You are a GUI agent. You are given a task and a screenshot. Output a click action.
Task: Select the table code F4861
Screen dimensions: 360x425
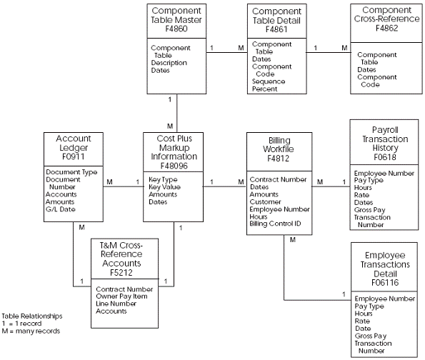pos(276,31)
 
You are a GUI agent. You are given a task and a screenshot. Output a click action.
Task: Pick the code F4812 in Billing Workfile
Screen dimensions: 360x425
pos(279,161)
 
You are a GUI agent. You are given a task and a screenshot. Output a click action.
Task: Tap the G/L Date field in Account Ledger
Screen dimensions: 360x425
pos(61,209)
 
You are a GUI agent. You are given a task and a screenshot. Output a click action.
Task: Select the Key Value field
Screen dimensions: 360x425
pos(165,187)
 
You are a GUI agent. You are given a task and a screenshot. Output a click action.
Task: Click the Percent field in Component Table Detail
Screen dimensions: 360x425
pos(265,89)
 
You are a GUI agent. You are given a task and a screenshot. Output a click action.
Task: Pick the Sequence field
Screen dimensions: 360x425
pos(269,81)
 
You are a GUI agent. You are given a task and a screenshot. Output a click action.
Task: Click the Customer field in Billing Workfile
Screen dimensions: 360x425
pos(265,201)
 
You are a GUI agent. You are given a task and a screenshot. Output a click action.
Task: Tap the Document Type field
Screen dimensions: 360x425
pos(71,172)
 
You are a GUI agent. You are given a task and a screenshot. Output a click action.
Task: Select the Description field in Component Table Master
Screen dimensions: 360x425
pos(169,62)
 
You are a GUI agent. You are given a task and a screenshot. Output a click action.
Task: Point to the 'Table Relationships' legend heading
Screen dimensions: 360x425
pos(31,316)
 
